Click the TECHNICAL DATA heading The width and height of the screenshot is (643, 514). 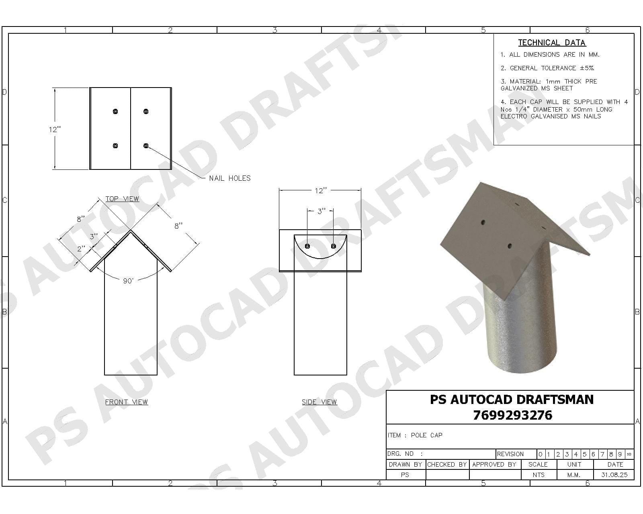click(x=552, y=43)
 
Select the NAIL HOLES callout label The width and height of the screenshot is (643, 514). click(x=229, y=178)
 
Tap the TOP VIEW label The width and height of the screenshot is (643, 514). click(x=122, y=199)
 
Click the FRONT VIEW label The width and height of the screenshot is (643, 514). click(x=127, y=402)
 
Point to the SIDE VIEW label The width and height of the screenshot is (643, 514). click(x=319, y=402)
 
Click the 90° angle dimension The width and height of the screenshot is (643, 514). click(x=128, y=281)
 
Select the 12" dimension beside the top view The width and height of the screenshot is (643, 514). click(x=55, y=129)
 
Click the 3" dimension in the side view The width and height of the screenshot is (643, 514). click(x=320, y=212)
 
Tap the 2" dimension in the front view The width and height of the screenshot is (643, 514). click(x=81, y=249)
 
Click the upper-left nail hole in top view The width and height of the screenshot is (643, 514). click(x=115, y=111)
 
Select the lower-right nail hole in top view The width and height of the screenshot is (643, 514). click(x=146, y=145)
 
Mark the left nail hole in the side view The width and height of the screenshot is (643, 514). click(x=307, y=246)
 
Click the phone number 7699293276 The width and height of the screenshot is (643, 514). click(x=512, y=415)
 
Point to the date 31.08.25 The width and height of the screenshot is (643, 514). click(x=614, y=475)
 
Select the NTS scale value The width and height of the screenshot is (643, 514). click(x=539, y=475)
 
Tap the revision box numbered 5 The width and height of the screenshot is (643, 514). click(x=584, y=454)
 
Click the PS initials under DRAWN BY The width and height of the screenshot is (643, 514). click(x=405, y=475)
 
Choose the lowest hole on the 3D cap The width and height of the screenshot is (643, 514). click(x=510, y=246)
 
